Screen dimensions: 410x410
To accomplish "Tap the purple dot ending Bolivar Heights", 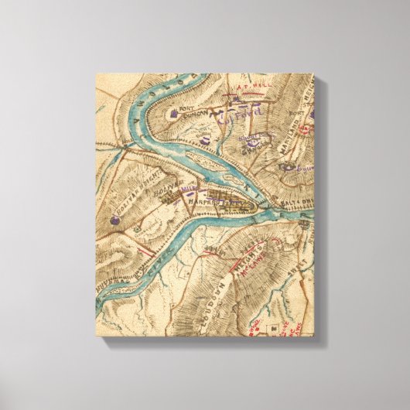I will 115,220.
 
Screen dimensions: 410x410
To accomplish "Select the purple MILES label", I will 186,186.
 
